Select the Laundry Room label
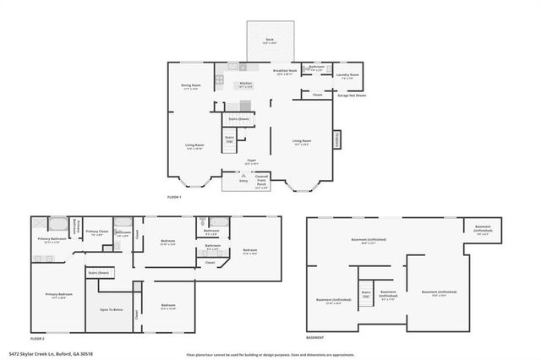pos(349,76)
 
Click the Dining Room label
pos(190,86)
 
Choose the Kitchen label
pos(245,84)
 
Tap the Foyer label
pos(251,161)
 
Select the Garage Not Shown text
pos(352,95)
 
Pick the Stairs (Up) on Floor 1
pos(229,139)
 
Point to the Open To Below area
pos(112,310)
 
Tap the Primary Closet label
pos(96,231)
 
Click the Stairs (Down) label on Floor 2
pos(99,273)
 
